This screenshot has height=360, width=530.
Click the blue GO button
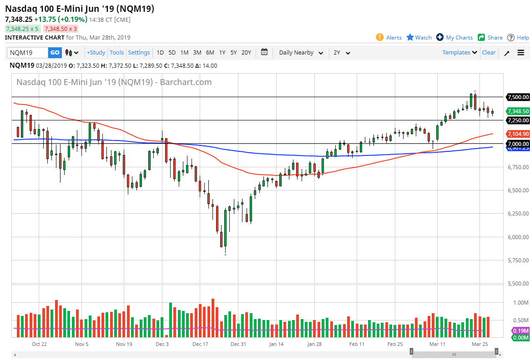pos(55,53)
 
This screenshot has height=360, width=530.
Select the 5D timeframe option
pos(172,53)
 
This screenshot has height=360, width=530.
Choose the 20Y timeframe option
pos(246,53)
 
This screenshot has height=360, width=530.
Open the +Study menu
pos(96,53)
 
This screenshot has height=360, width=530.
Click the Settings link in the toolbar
pos(139,53)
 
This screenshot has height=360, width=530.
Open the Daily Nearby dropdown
pos(301,53)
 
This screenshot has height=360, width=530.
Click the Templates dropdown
pos(459,53)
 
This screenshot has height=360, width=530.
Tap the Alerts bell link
pos(389,38)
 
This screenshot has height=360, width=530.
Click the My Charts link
pos(454,38)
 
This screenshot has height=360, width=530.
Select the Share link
pos(490,38)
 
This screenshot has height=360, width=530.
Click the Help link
pos(518,38)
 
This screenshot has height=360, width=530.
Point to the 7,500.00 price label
pos(518,97)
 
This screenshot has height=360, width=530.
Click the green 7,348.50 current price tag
pos(518,111)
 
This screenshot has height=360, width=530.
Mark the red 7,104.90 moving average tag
pos(518,134)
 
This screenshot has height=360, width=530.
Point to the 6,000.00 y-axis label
pos(518,237)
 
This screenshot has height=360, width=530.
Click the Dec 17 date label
pos(200,344)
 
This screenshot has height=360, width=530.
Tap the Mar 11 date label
pos(437,344)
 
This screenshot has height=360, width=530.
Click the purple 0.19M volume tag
pos(520,330)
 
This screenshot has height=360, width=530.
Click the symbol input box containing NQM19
pos(27,53)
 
